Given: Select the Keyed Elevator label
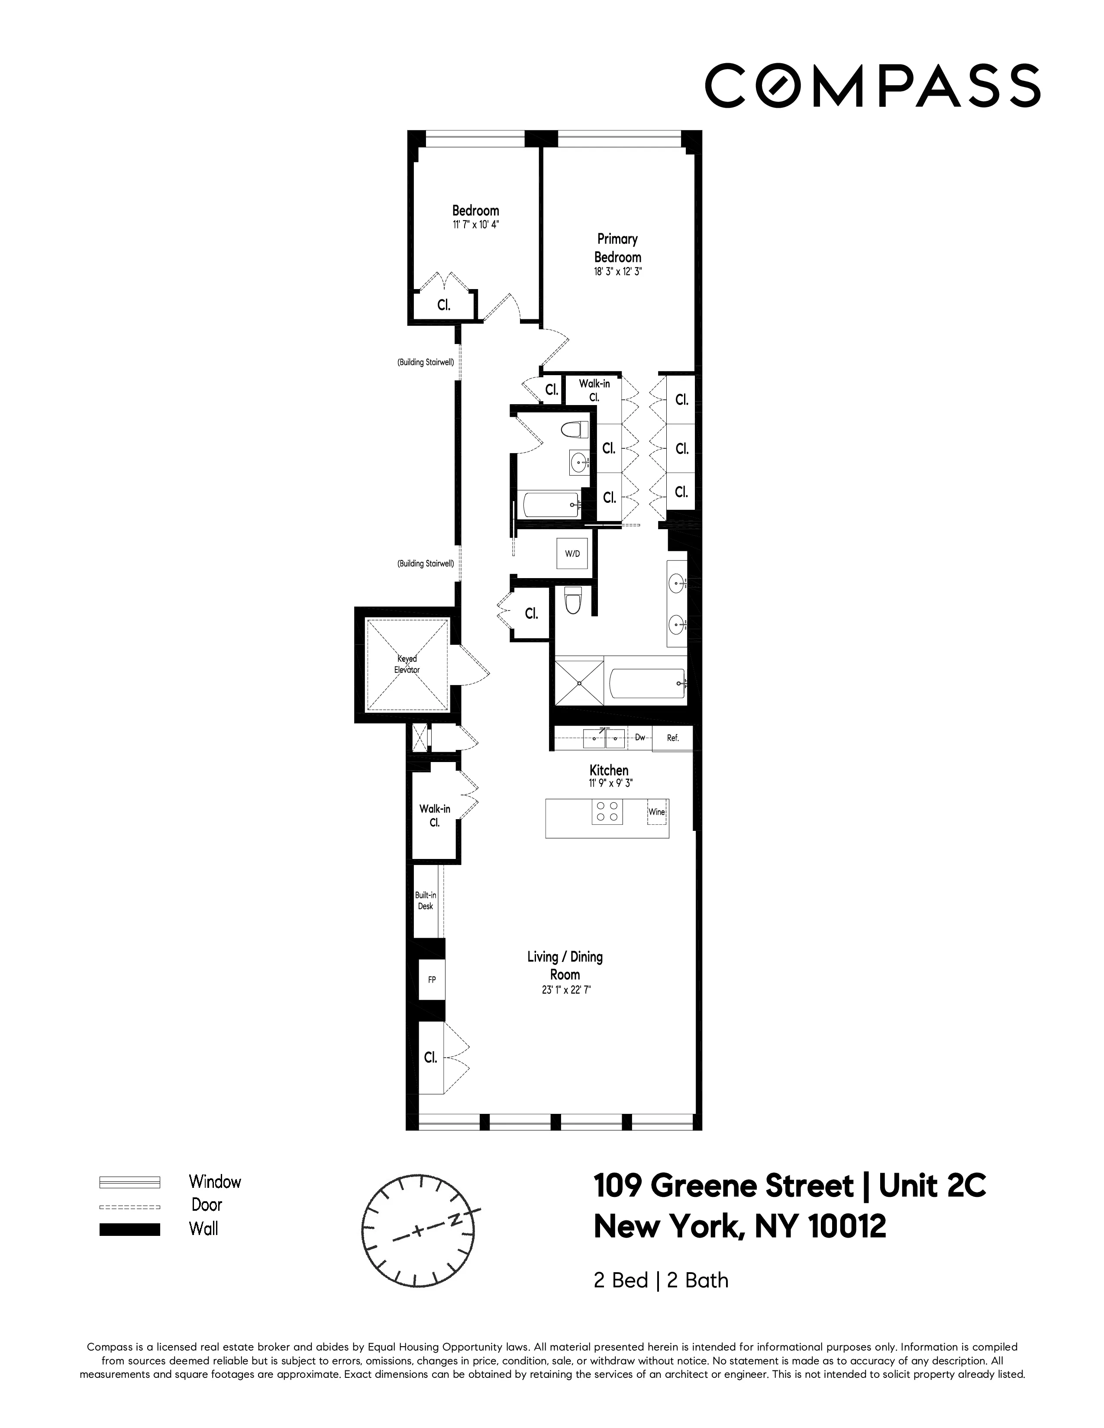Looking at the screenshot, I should (x=407, y=664).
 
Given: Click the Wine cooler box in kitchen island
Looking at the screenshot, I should (x=657, y=812).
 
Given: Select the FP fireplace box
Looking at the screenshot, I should (x=432, y=979).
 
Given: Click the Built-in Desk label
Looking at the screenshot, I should (x=426, y=901).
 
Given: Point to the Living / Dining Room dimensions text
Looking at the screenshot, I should (x=565, y=990).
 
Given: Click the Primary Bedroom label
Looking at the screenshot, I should (x=617, y=248).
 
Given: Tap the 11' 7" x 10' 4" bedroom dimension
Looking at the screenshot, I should (x=475, y=224).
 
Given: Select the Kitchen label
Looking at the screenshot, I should (x=609, y=770).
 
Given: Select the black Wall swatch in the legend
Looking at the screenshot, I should (x=129, y=1229).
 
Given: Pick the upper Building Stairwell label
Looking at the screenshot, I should (x=426, y=362).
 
